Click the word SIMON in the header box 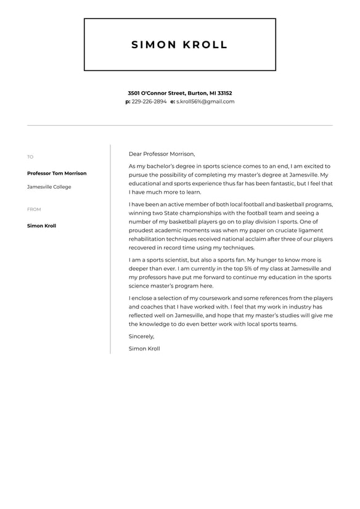click(x=153, y=45)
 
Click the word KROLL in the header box click(x=205, y=45)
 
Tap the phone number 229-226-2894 click(x=149, y=102)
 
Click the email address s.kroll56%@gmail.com click(x=205, y=102)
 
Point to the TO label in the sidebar click(x=30, y=157)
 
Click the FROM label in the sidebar click(x=34, y=210)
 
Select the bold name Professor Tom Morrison click(x=57, y=173)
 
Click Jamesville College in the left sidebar click(x=49, y=187)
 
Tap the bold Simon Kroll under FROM click(x=41, y=226)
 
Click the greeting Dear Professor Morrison click(x=162, y=154)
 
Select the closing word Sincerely click(x=141, y=337)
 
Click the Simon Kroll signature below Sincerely click(x=144, y=349)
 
